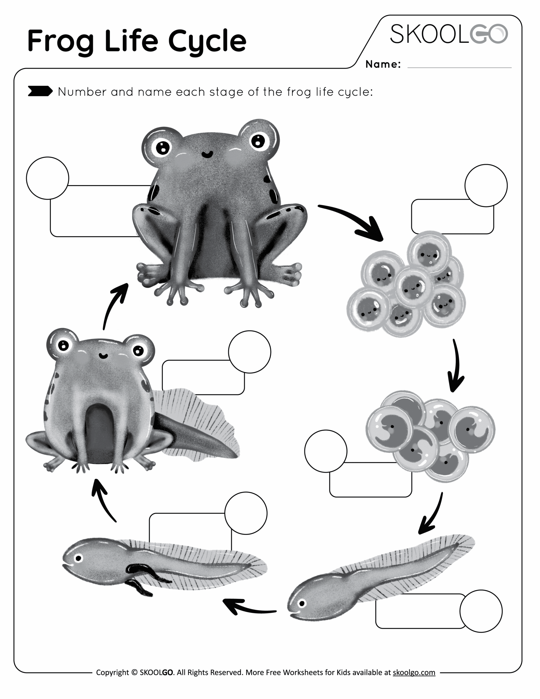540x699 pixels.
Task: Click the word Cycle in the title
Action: click(x=207, y=41)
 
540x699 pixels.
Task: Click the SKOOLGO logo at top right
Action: click(x=449, y=34)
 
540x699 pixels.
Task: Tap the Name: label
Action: click(x=383, y=64)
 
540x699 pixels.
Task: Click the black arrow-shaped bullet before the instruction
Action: click(x=40, y=91)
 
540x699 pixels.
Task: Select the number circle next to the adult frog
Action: click(x=48, y=178)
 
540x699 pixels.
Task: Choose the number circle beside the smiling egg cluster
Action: click(x=486, y=185)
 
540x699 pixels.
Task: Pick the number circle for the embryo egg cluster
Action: click(x=325, y=451)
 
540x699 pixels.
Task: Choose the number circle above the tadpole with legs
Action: click(x=246, y=513)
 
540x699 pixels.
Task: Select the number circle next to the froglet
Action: click(x=249, y=352)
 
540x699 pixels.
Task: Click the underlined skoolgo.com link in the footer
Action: click(x=414, y=673)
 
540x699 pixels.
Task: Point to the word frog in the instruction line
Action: click(x=299, y=92)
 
